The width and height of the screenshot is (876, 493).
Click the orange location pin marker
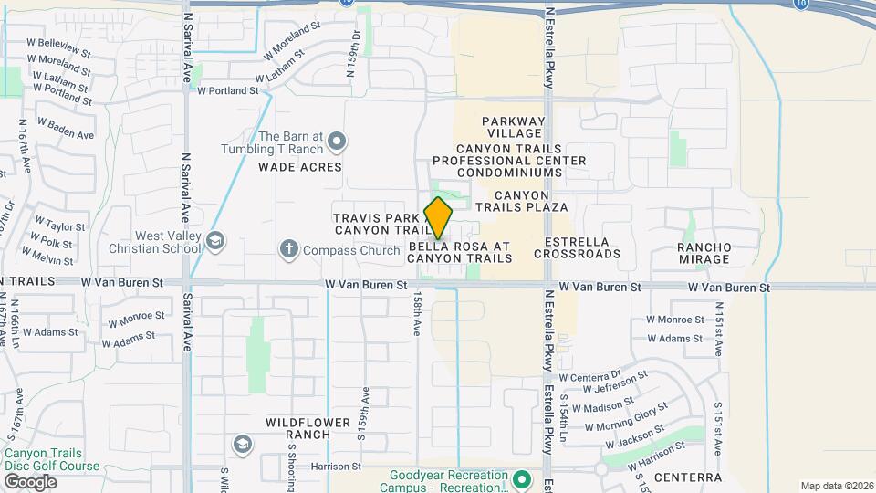pyautogui.click(x=439, y=217)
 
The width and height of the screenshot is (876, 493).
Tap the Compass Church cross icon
pyautogui.click(x=289, y=248)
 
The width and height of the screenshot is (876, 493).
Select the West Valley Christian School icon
pyautogui.click(x=215, y=241)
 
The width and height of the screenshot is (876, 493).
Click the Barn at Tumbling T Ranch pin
pyautogui.click(x=337, y=141)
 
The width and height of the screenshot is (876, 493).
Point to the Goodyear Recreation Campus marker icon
pyautogui.click(x=521, y=478)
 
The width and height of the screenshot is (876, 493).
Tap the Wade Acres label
pyautogui.click(x=299, y=167)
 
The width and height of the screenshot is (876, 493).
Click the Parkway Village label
pyautogui.click(x=513, y=128)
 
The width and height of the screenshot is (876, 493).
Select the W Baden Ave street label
pyautogui.click(x=65, y=128)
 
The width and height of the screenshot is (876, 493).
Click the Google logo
pyautogui.click(x=30, y=481)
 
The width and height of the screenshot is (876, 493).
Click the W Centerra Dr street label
pyautogui.click(x=589, y=376)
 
